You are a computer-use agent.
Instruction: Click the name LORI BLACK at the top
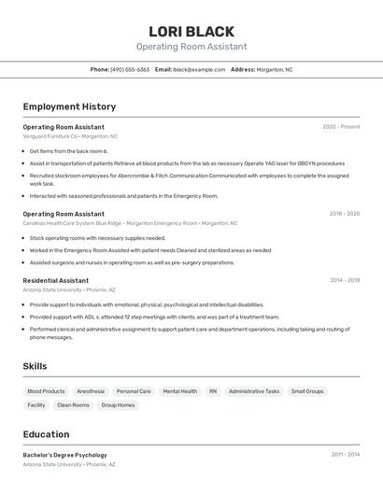click(x=191, y=31)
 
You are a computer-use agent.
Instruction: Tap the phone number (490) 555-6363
click(x=130, y=69)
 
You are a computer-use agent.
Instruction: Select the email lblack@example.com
click(x=199, y=69)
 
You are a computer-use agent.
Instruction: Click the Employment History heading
click(x=69, y=106)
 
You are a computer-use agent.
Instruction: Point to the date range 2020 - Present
click(x=341, y=127)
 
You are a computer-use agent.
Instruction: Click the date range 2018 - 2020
click(x=344, y=214)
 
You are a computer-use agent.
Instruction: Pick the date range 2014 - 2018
click(x=344, y=280)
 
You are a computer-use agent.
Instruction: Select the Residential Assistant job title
click(x=56, y=280)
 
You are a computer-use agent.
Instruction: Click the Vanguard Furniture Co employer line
click(x=70, y=136)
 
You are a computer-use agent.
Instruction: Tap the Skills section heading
click(x=35, y=366)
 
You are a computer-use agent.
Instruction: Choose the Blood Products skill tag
click(x=46, y=391)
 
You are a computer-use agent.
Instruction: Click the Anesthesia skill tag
click(x=91, y=391)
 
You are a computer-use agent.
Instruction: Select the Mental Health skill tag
click(x=179, y=391)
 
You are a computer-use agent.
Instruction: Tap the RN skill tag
click(x=213, y=391)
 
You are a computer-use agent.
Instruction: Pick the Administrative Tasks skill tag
click(x=254, y=391)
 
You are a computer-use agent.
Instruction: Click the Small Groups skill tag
click(x=307, y=391)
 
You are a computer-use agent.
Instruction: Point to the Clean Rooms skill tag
click(x=73, y=405)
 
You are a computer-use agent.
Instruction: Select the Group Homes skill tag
click(x=118, y=405)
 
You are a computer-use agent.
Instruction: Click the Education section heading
click(x=46, y=434)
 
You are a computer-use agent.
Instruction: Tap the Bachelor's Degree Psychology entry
click(x=65, y=455)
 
